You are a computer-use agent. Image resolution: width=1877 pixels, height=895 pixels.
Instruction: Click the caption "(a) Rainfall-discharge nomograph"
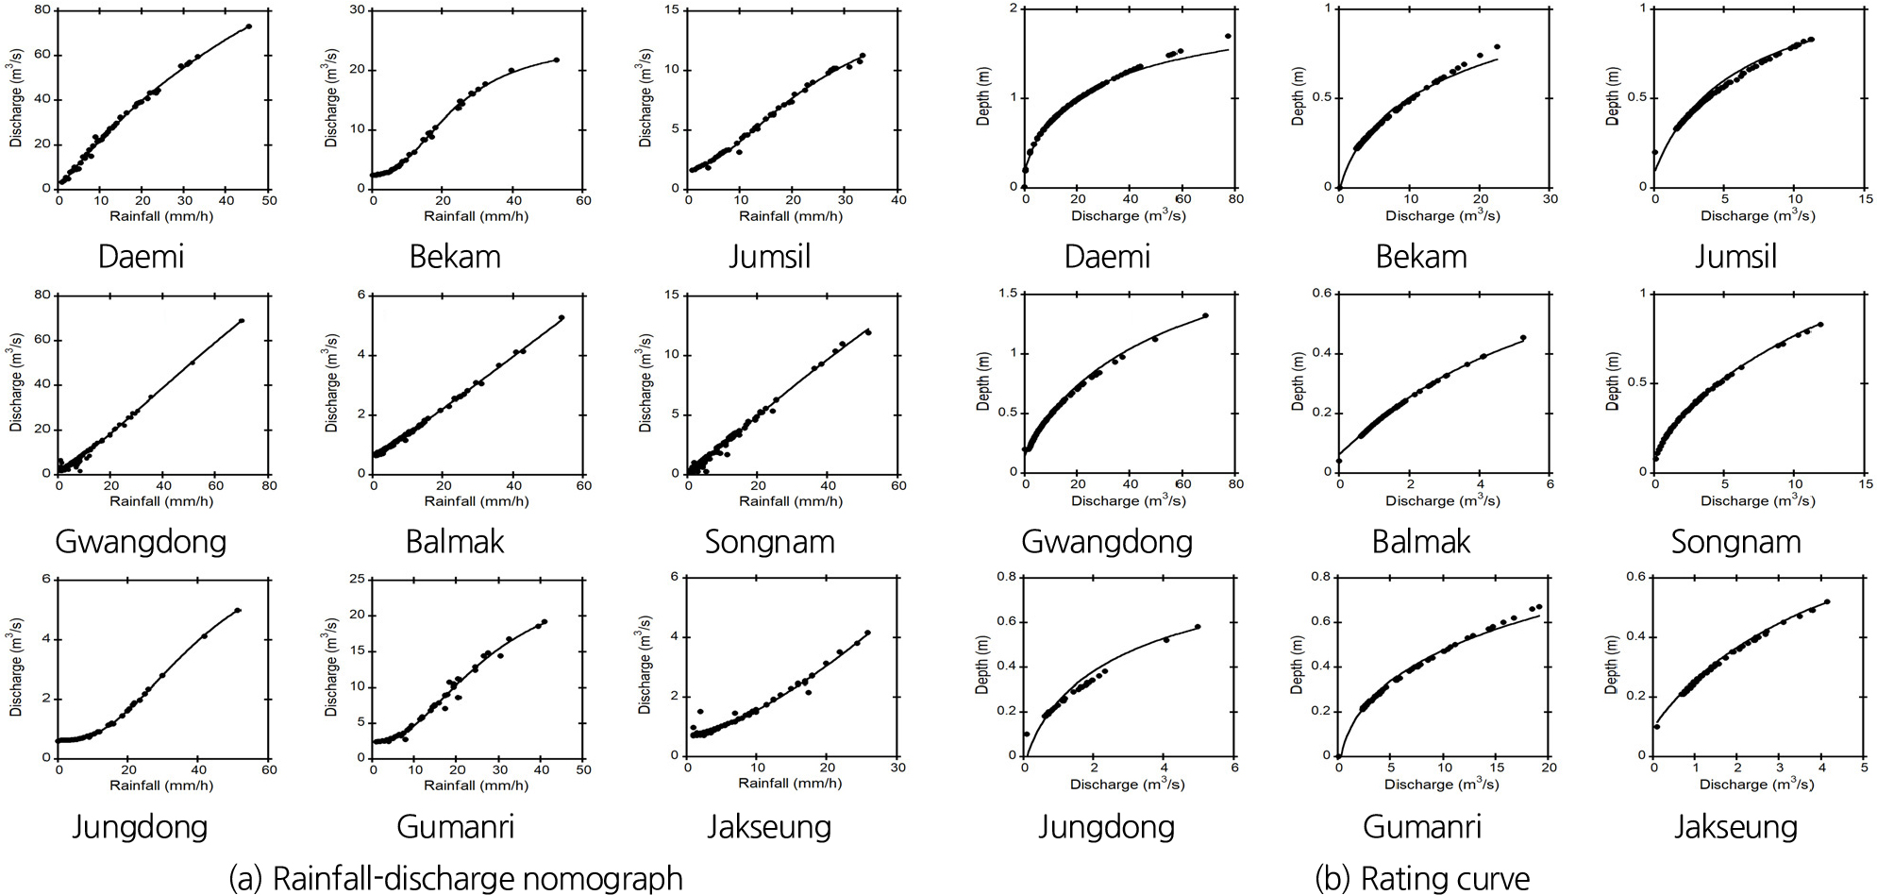pos(456,878)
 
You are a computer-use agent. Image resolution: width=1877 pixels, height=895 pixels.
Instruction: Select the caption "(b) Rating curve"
pos(1422,878)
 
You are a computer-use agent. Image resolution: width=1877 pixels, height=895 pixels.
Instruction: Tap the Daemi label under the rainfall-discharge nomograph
pos(141,257)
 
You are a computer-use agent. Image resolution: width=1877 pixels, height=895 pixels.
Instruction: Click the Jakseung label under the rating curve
pos(1735,827)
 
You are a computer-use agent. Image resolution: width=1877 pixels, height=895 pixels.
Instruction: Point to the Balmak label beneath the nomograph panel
pos(455,542)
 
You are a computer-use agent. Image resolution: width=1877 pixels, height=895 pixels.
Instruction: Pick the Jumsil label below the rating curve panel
pos(1735,257)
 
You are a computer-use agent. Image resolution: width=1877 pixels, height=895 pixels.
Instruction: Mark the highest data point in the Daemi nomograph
pos(248,26)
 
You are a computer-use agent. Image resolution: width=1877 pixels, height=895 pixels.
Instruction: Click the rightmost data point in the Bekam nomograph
pos(556,59)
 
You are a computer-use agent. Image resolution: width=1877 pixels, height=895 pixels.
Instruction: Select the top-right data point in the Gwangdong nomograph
pos(242,321)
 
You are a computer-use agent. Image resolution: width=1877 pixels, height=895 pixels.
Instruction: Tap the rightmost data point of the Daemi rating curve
pos(1228,36)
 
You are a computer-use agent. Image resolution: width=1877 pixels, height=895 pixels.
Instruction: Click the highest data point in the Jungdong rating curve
pos(1198,626)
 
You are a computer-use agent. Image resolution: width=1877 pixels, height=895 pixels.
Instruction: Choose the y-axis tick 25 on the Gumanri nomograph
pos(361,579)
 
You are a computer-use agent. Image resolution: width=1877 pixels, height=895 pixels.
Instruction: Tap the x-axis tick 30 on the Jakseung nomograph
pos(897,768)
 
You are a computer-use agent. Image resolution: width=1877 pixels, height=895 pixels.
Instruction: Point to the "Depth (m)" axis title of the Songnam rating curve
pos(1613,381)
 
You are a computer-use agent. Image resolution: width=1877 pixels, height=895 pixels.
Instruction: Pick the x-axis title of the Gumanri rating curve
pos(1442,785)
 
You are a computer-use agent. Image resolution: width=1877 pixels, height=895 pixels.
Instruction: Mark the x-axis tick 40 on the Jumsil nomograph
pos(898,199)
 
